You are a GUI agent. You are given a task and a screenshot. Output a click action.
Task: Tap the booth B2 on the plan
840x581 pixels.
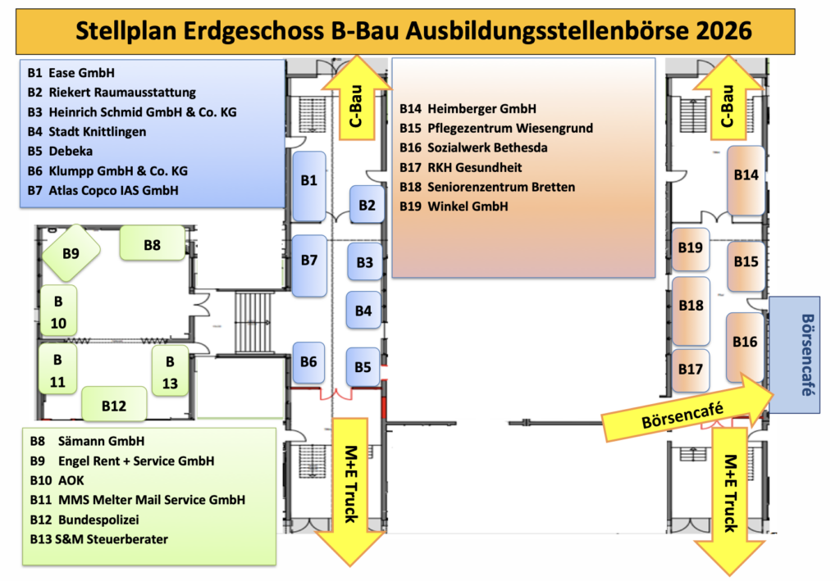pos(367,205)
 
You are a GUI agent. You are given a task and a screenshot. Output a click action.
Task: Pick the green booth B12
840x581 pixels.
pos(114,405)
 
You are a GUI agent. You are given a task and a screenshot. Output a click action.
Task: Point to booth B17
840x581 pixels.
pos(691,370)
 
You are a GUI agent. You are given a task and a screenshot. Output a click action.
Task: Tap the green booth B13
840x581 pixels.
pos(170,371)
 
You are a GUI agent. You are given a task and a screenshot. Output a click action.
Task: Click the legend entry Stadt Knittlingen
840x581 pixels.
pos(98,131)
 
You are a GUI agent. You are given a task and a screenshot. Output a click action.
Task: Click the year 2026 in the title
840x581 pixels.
pos(713,30)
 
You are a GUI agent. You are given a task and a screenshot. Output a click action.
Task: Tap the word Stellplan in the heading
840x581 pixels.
pos(125,31)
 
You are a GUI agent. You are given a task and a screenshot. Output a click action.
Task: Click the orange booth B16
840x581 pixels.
pos(746,342)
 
